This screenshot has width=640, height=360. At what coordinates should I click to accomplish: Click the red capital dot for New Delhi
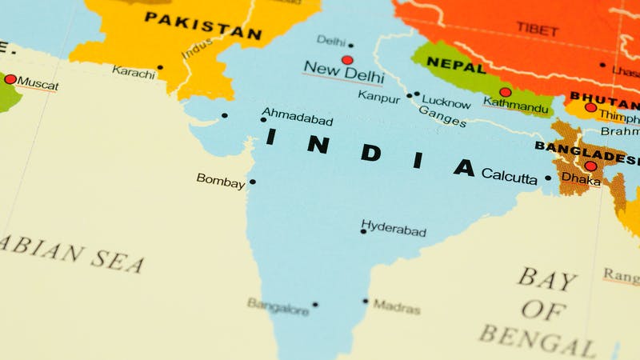point(346,60)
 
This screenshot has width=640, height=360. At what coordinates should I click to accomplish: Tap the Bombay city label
point(221,181)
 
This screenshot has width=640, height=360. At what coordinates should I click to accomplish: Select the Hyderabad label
point(394,229)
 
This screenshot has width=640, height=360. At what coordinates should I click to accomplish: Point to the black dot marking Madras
point(366,302)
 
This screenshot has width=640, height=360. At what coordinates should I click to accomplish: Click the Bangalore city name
point(278,306)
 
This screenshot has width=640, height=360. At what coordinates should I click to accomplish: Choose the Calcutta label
point(510,176)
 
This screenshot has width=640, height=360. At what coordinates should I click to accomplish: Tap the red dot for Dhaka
point(590,166)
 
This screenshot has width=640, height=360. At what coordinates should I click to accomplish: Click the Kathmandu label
point(517,106)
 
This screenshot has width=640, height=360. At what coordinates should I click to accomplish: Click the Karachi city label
point(134,70)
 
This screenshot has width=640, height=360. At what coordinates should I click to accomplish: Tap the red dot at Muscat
point(10,79)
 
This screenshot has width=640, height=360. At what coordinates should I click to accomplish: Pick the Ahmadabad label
point(298,117)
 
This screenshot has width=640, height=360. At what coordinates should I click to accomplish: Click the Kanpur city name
point(379,97)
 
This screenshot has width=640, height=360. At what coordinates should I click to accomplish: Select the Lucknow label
point(446,102)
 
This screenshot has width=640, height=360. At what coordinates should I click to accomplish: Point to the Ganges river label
point(442,116)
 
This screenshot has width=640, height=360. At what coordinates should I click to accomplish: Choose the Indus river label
point(197,48)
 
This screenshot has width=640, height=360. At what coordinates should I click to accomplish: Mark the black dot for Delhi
point(350,45)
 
